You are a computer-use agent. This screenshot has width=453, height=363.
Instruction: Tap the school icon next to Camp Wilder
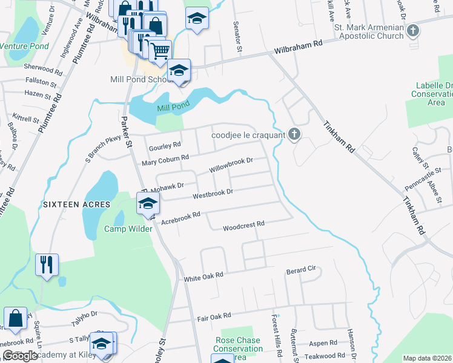(x=147, y=204)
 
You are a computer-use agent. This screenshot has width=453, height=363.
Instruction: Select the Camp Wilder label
(x=128, y=229)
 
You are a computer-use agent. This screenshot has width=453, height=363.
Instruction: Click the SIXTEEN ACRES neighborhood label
(x=76, y=204)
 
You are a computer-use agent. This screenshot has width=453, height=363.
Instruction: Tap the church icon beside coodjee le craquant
(x=294, y=134)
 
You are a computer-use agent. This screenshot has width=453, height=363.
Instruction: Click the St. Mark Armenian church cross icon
(x=413, y=30)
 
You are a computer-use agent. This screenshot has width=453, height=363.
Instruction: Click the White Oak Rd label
(x=203, y=275)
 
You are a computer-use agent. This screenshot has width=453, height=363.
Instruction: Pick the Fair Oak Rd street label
(x=214, y=316)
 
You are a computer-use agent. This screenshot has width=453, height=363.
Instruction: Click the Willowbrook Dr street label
(x=230, y=164)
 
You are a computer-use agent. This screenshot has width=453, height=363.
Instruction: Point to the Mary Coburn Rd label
(x=165, y=159)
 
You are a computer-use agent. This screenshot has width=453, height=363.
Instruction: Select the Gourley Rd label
(x=165, y=145)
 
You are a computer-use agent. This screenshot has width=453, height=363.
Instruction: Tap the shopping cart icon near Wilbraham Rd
(x=160, y=51)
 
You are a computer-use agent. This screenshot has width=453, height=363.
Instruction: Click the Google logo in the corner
(x=20, y=355)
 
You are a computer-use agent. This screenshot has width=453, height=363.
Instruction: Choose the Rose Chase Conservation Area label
(x=239, y=348)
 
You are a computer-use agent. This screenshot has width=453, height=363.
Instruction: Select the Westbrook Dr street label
(x=213, y=194)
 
